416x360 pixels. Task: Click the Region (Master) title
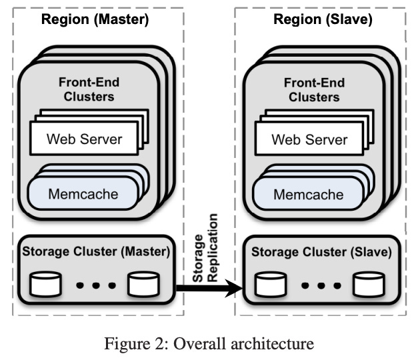coord(96,19)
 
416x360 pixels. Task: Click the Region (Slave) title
coord(323,19)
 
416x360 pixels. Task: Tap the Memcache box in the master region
coord(83,195)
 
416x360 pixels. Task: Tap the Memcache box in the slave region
coord(309,195)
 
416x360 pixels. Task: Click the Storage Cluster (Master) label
coord(96,252)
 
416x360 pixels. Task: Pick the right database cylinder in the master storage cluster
coord(145,284)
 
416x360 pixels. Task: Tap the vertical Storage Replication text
coord(206,247)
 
